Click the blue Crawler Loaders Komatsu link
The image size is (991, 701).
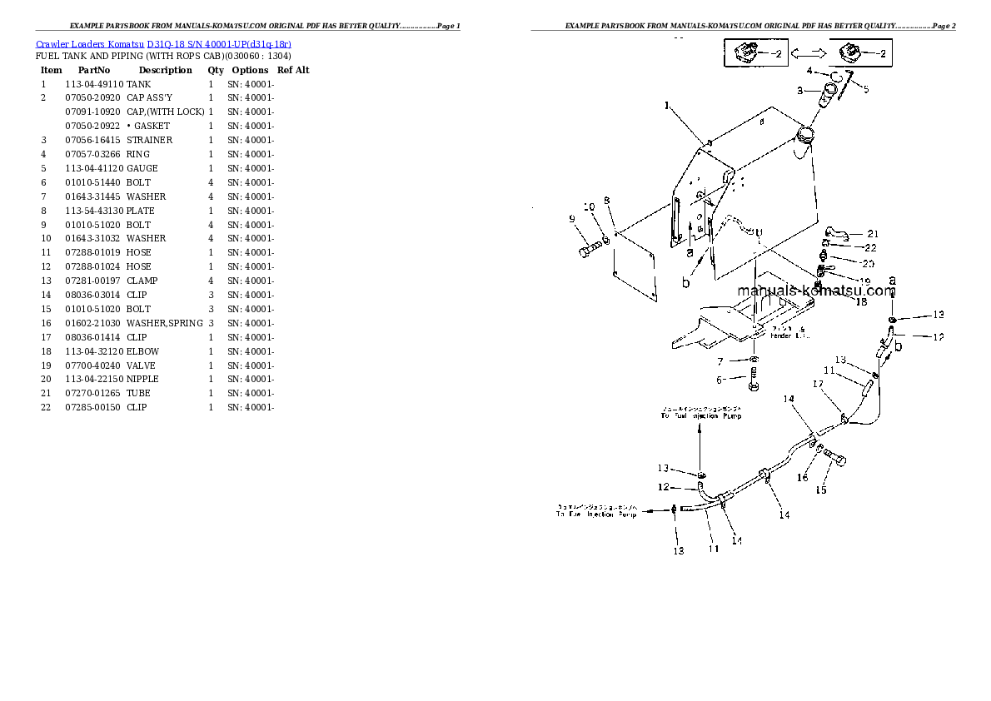(163, 43)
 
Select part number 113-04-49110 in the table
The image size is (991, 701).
(93, 84)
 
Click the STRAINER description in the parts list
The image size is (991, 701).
(150, 140)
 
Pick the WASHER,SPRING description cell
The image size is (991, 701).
(165, 323)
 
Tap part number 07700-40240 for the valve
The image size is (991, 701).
(93, 365)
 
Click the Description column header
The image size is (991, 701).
(165, 70)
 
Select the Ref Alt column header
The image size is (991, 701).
(293, 70)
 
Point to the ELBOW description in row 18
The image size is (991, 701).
(142, 351)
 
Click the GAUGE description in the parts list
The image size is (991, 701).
(142, 168)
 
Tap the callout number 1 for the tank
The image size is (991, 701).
(666, 106)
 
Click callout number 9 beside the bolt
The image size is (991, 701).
(572, 219)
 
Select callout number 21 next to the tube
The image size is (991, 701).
(872, 234)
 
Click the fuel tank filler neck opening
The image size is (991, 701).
(805, 133)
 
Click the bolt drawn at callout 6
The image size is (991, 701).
(754, 385)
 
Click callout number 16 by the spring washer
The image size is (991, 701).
(803, 478)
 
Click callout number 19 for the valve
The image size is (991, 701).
(864, 281)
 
